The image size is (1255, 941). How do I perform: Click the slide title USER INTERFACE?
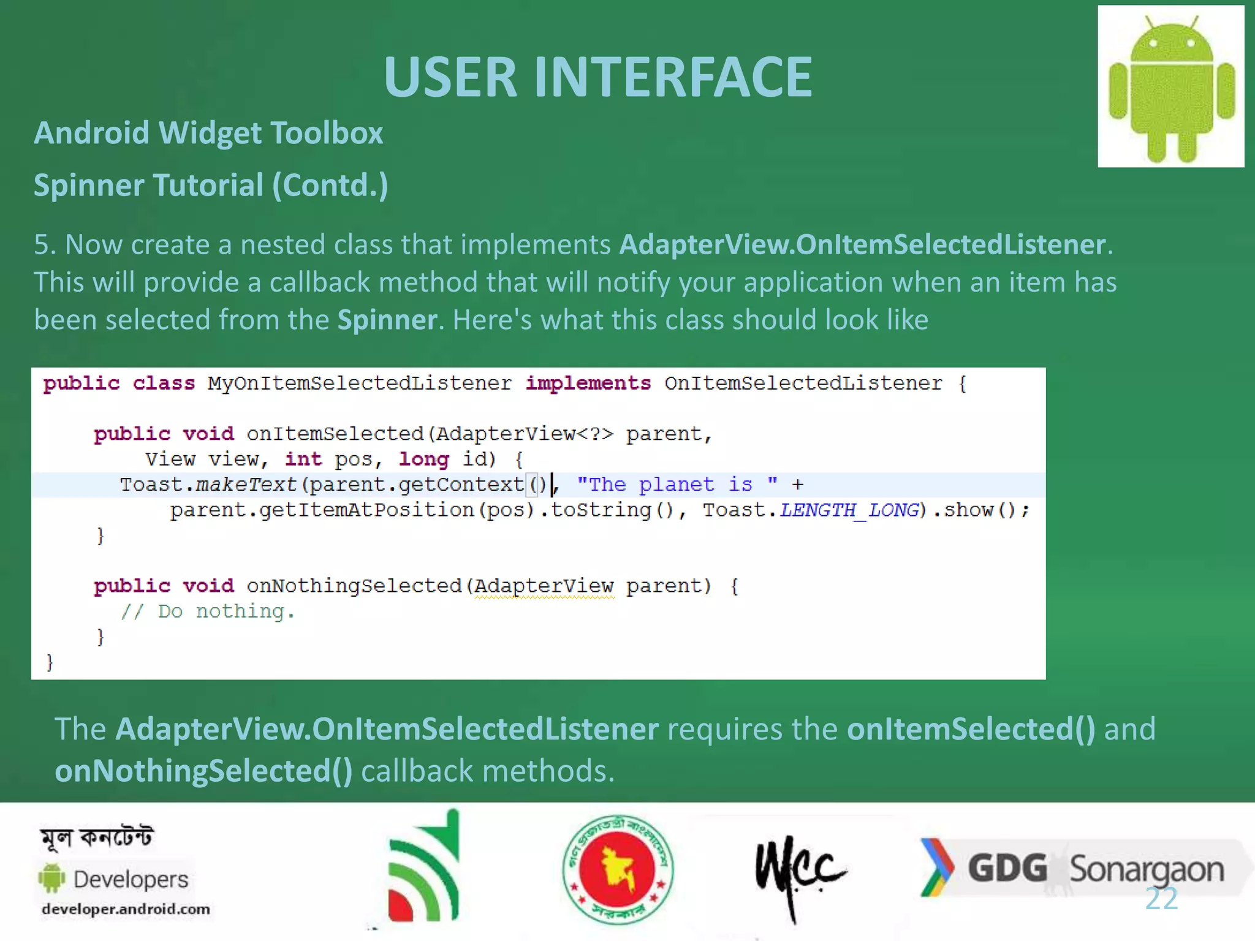pyautogui.click(x=597, y=77)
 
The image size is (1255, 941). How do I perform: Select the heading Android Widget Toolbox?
pyautogui.click(x=208, y=133)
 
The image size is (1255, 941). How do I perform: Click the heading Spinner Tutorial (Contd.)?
pyautogui.click(x=211, y=185)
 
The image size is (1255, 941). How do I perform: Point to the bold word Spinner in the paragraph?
pyautogui.click(x=387, y=320)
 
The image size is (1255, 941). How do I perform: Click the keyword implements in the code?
pyautogui.click(x=588, y=384)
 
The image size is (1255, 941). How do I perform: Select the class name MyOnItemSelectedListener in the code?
pyautogui.click(x=359, y=384)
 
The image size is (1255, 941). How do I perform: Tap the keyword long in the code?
pyautogui.click(x=423, y=459)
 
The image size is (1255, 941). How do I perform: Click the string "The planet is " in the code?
pyautogui.click(x=677, y=485)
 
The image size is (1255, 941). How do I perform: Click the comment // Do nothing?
pyautogui.click(x=208, y=611)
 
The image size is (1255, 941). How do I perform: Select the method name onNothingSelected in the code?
pyautogui.click(x=354, y=586)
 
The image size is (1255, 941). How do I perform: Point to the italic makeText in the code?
pyautogui.click(x=246, y=485)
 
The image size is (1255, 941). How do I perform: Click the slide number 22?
pyautogui.click(x=1161, y=899)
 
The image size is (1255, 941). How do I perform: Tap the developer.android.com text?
pyautogui.click(x=126, y=909)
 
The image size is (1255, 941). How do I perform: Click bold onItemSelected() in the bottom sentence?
pyautogui.click(x=971, y=729)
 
